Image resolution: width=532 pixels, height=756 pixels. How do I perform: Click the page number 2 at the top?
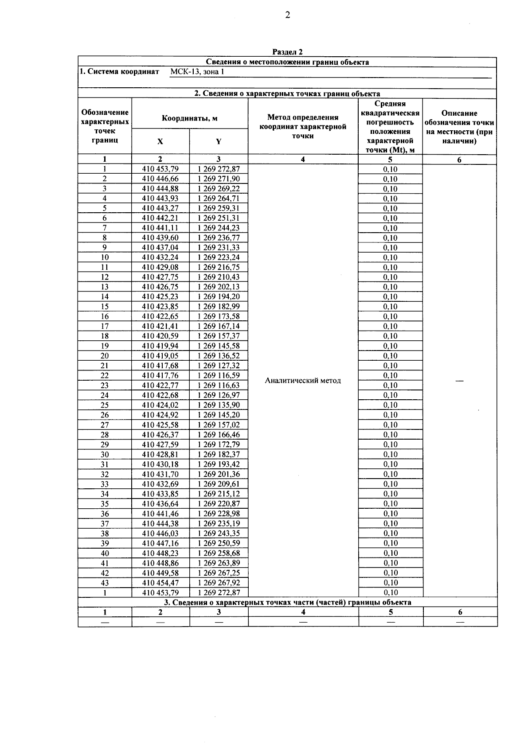287,15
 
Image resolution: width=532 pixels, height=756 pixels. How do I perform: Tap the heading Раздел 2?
287,52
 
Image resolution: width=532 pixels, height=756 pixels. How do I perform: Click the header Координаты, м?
189,118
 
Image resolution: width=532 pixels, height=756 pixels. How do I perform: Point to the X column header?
160,141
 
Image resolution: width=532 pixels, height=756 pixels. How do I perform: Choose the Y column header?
219,141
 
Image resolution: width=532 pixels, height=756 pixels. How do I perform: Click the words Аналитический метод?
303,380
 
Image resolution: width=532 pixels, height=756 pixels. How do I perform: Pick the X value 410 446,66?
160,179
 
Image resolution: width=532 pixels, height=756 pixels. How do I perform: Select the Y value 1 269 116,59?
219,375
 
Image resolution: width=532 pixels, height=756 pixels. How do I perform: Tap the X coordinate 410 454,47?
160,583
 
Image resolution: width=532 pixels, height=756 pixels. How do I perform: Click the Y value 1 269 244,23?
219,228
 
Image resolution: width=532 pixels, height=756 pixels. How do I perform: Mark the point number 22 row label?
105,375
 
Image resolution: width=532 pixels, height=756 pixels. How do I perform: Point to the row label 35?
105,504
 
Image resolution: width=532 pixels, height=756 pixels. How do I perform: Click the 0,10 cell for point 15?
390,307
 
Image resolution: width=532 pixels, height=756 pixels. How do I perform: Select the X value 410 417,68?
160,366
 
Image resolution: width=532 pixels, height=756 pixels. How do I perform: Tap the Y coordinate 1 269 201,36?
219,474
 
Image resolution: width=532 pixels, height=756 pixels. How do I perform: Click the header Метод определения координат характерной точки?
303,127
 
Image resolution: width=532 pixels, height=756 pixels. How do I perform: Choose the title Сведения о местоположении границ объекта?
287,62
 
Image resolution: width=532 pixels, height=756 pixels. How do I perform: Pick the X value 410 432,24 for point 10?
160,257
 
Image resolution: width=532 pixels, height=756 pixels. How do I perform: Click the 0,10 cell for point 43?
390,583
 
